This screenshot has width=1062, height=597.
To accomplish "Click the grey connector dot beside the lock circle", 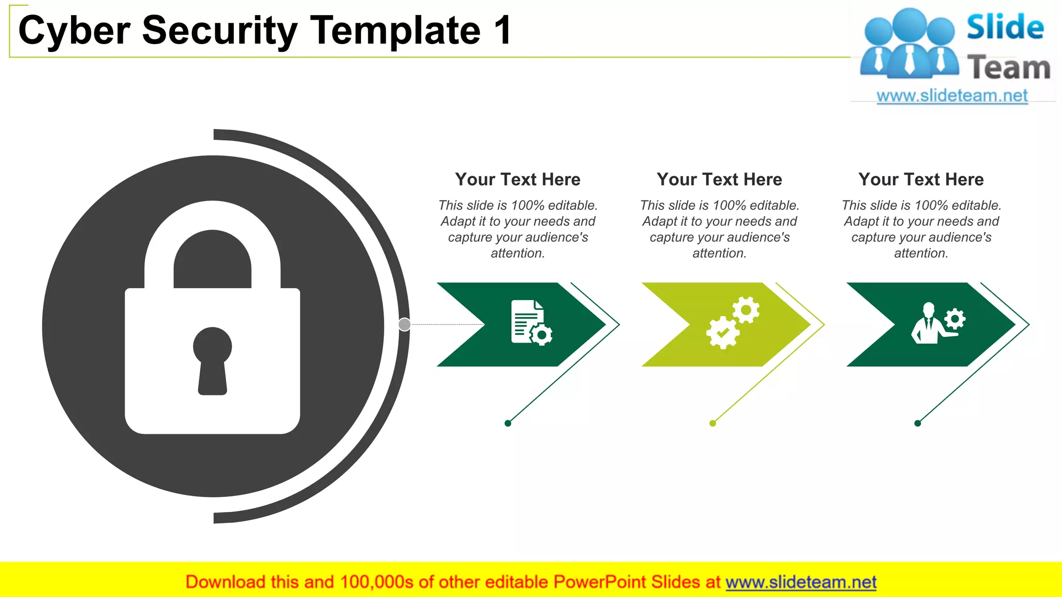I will [x=404, y=324].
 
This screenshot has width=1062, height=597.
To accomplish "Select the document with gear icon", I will [x=530, y=322].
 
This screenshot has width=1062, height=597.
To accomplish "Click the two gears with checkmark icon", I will [x=732, y=322].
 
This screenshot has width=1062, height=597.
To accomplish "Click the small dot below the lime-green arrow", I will [x=712, y=423].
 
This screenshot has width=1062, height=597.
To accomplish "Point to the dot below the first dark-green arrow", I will [x=508, y=423].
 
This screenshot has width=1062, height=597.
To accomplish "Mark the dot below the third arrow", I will [x=917, y=423].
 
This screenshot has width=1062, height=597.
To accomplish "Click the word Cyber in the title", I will [x=74, y=31].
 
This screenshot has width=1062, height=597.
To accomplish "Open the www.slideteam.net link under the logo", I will [x=952, y=96].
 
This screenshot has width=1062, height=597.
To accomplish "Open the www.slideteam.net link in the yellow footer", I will [x=801, y=582].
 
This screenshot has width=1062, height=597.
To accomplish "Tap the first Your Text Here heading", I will [x=518, y=179].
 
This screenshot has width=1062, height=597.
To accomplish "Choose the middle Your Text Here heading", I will [x=719, y=179].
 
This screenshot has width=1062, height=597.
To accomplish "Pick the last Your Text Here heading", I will [x=921, y=179].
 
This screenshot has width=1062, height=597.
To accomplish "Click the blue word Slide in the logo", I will [x=1005, y=27].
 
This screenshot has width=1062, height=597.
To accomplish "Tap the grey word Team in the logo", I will [x=1009, y=68].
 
